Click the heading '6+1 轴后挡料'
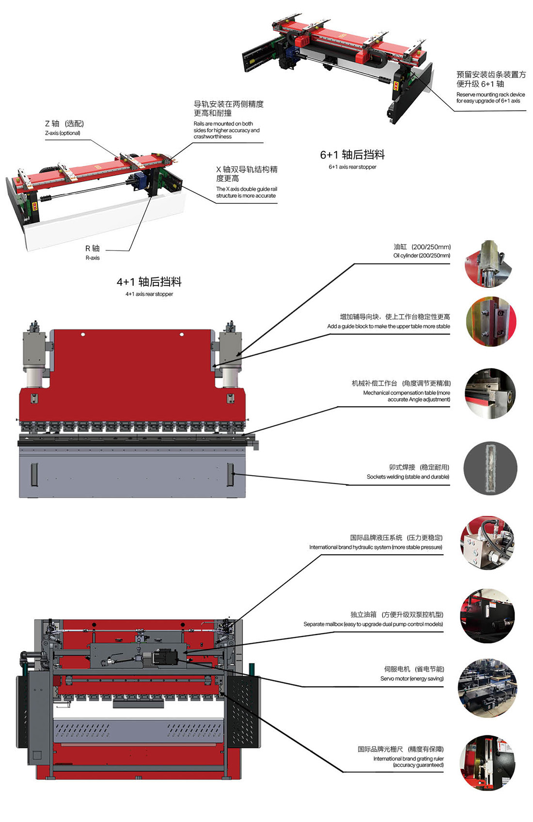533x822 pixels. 352,155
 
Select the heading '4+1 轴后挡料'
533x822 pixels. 149,282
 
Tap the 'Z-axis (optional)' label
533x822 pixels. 63,133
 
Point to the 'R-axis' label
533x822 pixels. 93,258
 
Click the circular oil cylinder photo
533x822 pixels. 489,264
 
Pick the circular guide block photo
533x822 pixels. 490,322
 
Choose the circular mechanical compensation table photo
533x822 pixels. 490,394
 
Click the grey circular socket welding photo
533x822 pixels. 490,468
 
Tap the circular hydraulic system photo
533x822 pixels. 487,543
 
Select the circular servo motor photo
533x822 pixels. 487,688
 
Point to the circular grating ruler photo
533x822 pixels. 487,763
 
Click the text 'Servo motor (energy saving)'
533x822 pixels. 412,679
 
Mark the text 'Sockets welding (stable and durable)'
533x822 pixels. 408,477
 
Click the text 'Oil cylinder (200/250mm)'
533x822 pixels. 422,256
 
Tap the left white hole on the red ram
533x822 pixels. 83,334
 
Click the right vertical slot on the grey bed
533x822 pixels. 231,474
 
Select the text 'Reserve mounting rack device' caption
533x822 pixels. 490,95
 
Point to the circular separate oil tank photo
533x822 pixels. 487,616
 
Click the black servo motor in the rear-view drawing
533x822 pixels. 165,657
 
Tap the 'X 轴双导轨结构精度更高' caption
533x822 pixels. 247,174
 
